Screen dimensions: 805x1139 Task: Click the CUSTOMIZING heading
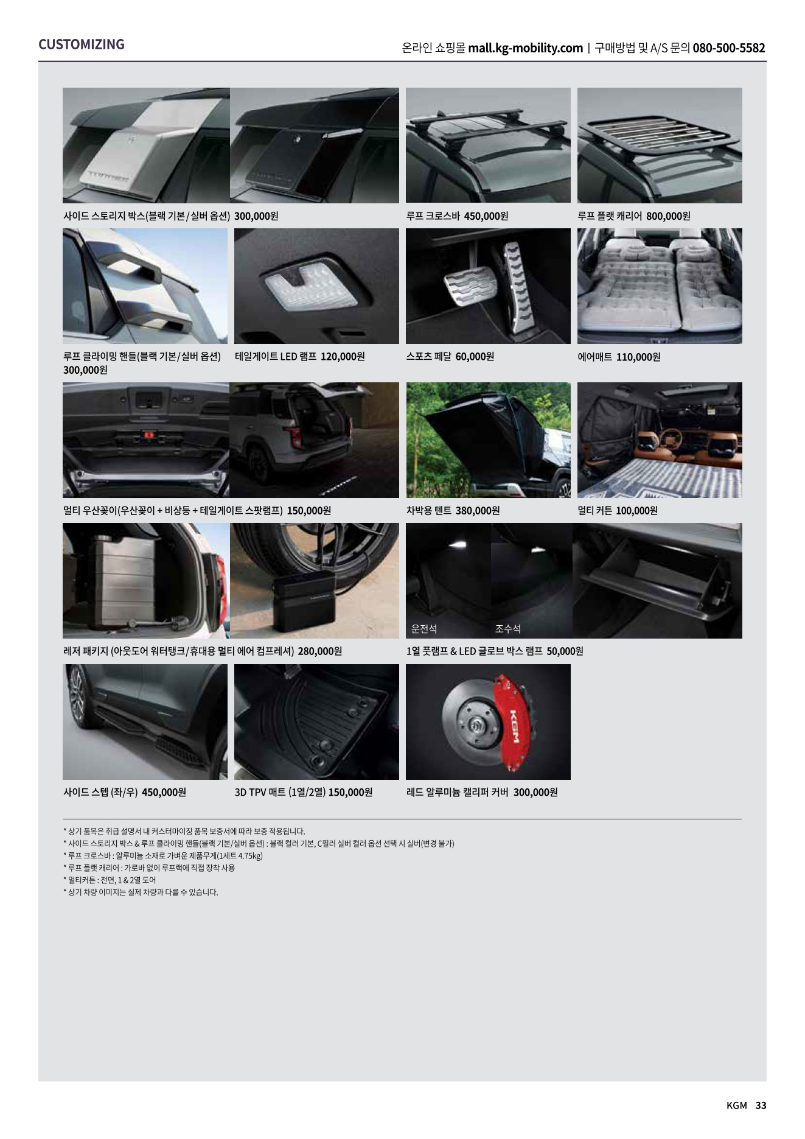coord(82,44)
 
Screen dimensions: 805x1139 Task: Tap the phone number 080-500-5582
coord(729,48)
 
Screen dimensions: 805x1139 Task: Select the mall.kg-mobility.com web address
coord(526,48)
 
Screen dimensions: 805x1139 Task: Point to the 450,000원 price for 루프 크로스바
coord(486,216)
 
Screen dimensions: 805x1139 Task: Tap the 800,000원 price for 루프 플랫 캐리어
coord(668,216)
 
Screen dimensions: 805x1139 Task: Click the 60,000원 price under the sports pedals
coord(475,357)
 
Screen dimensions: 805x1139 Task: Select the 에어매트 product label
coord(595,357)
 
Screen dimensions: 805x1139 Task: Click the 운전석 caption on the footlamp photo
coord(424,628)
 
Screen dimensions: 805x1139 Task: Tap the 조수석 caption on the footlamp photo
coord(508,628)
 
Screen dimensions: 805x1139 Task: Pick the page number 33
coord(761,1106)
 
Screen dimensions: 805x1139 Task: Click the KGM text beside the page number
coord(737,1106)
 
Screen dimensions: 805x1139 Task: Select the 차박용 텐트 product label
coord(429,511)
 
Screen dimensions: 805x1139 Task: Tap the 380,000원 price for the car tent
coord(478,511)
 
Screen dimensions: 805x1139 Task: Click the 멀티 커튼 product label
coord(595,511)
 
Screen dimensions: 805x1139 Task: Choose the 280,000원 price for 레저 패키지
coord(320,651)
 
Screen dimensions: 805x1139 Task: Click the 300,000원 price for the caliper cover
coord(535,793)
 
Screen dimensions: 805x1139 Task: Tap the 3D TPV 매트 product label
coord(279,793)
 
